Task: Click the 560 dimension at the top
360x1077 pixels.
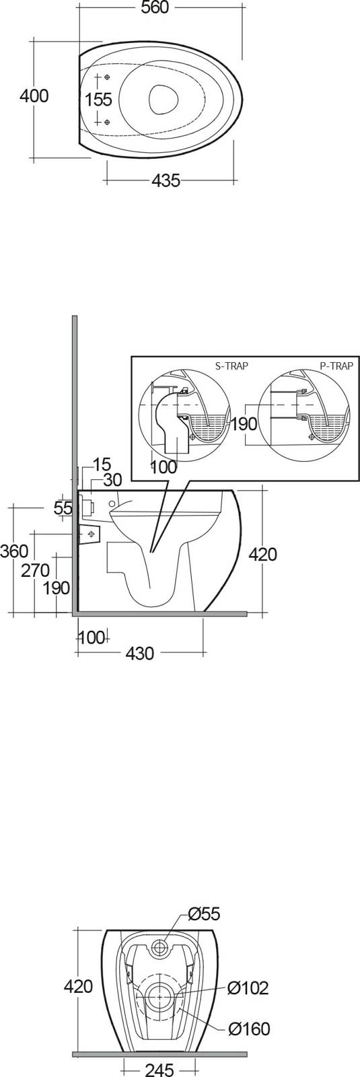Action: tap(155, 7)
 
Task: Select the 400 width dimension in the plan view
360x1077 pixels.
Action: tap(34, 96)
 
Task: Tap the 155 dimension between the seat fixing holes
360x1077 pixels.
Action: tap(98, 100)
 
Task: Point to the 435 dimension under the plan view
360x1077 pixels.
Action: tap(166, 181)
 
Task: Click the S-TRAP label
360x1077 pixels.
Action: tap(232, 366)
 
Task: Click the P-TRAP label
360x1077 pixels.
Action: tap(336, 366)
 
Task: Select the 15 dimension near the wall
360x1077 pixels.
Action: tap(102, 464)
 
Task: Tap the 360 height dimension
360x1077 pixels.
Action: tap(14, 551)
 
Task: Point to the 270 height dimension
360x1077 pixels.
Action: tap(35, 570)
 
